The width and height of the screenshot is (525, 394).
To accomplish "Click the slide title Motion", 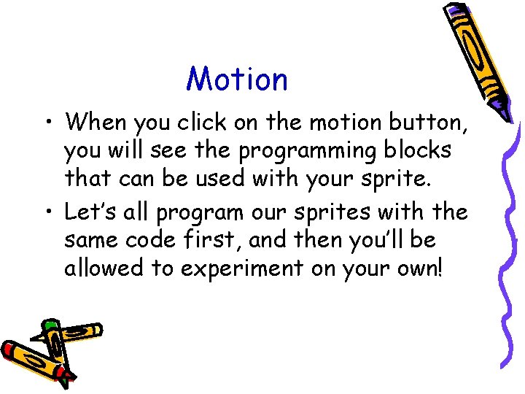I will pyautogui.click(x=237, y=80).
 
